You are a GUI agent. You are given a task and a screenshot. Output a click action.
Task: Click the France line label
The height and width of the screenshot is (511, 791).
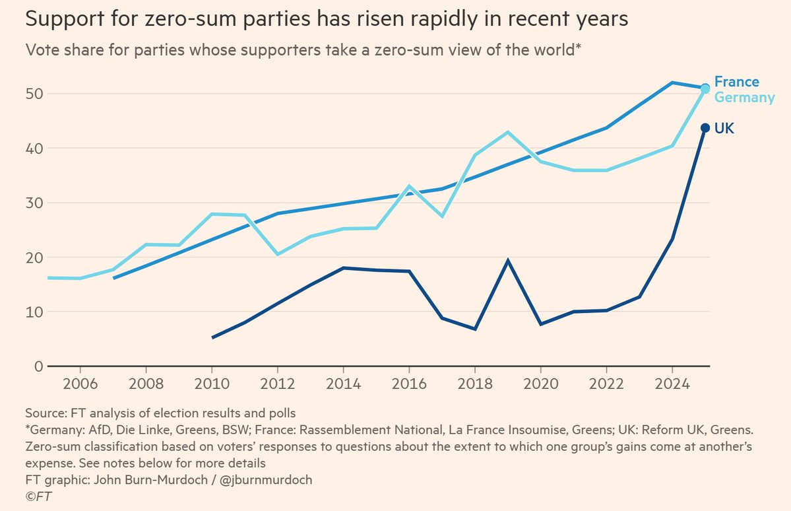(736, 82)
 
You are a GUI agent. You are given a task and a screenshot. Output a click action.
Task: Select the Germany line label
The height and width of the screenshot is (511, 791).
(744, 98)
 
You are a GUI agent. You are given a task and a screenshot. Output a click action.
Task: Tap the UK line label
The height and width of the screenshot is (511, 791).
(724, 129)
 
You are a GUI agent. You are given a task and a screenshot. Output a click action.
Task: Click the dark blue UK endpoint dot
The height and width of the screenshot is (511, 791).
(705, 128)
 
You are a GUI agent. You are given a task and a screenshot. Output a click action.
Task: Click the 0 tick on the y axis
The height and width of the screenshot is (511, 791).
(38, 366)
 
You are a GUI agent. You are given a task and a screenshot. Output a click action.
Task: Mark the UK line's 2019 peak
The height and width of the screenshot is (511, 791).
(507, 260)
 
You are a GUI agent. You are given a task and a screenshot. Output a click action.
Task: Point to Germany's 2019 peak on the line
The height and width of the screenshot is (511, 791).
(507, 132)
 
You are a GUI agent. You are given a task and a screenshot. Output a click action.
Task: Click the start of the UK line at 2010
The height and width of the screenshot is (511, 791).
(212, 337)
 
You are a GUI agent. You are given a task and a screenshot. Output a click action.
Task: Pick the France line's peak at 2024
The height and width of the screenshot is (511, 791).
(672, 83)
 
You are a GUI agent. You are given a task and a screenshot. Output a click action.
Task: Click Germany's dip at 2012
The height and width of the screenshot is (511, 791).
(278, 254)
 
